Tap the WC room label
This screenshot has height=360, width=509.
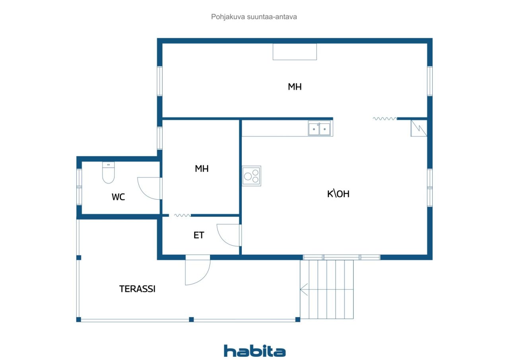(118, 197)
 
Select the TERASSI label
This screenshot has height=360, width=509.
(137, 289)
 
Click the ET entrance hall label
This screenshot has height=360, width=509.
(199, 235)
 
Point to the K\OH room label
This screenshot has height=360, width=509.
(338, 194)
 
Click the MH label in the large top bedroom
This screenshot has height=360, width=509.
(295, 87)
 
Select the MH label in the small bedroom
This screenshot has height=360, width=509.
(202, 169)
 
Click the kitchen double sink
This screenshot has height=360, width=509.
(319, 128)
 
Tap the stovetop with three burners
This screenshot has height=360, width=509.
(252, 176)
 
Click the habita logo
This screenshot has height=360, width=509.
(254, 351)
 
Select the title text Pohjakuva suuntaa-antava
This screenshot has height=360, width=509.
(254, 17)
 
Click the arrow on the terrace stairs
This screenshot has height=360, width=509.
(304, 290)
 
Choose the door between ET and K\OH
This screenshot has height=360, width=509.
(229, 235)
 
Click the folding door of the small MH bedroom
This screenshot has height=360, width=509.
(182, 215)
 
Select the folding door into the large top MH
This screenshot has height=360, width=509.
(385, 118)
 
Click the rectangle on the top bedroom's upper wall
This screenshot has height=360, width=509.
(295, 52)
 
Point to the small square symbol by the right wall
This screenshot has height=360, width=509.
(418, 128)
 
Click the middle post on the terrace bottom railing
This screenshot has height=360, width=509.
(191, 319)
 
